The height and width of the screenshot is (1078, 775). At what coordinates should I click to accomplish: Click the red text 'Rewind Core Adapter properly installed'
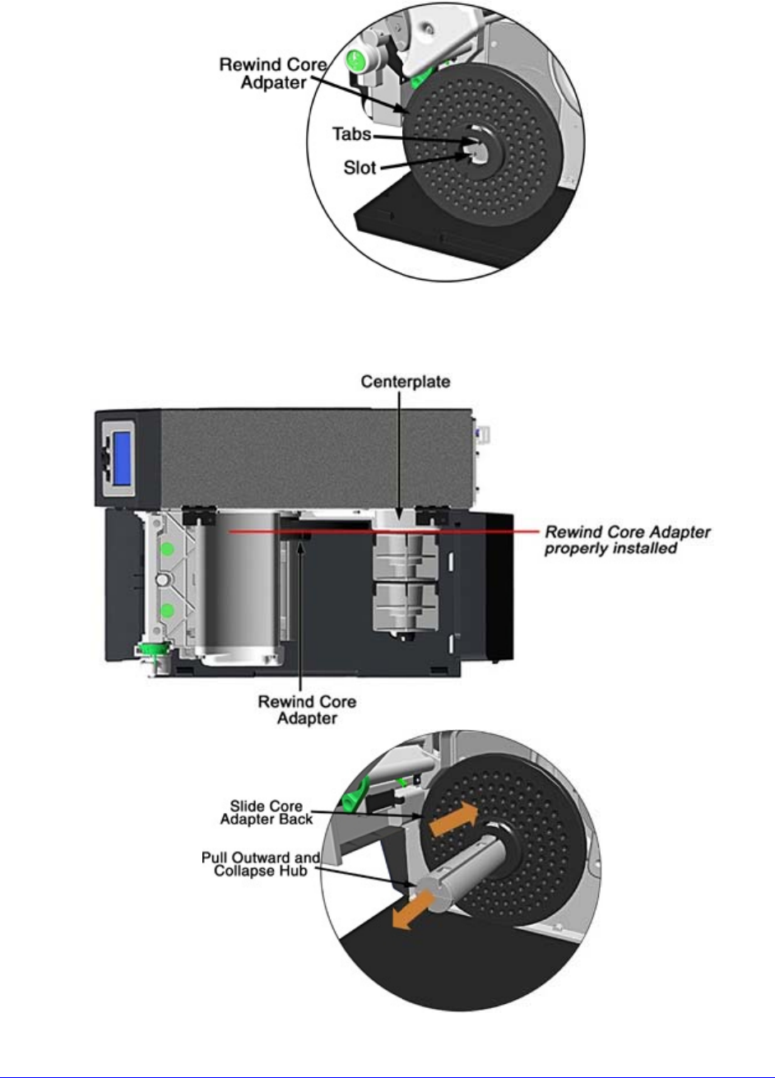[630, 540]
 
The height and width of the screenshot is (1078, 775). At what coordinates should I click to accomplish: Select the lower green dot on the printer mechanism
[167, 611]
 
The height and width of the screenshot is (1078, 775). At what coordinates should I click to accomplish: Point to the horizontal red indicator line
[370, 532]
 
